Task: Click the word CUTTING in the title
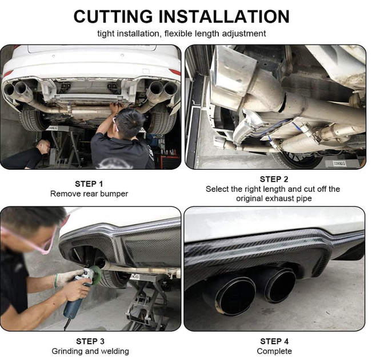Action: (x=113, y=17)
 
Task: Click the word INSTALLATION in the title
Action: (x=224, y=17)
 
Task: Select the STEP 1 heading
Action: (x=89, y=183)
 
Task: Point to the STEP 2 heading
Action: (x=274, y=179)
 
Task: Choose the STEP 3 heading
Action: (x=90, y=341)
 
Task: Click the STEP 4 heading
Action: (x=274, y=341)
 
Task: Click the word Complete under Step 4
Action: (x=274, y=351)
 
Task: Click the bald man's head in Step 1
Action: (x=43, y=145)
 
